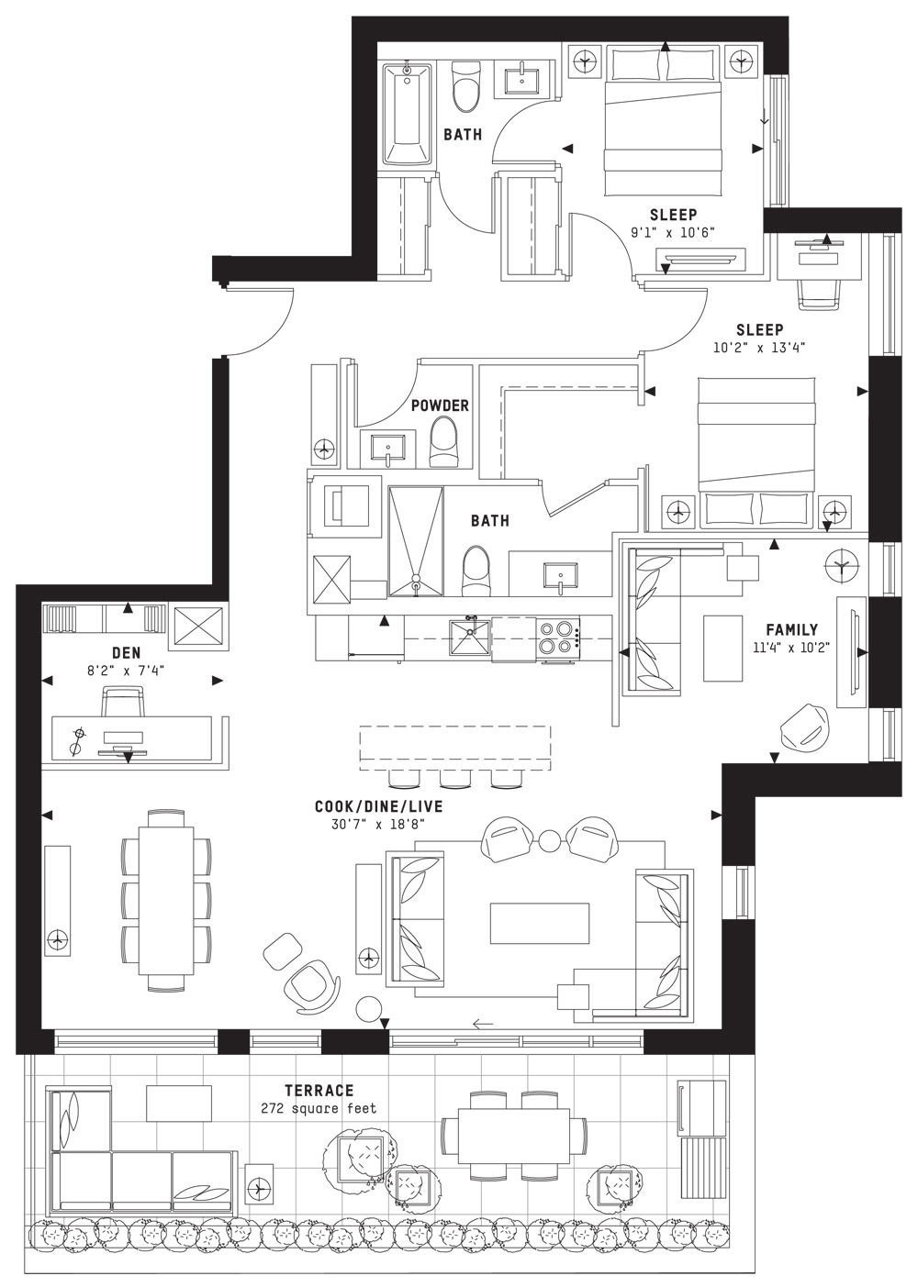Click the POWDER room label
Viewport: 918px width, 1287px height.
click(x=440, y=405)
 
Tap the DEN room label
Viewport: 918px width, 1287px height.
click(x=125, y=652)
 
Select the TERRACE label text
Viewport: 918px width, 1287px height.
click(x=319, y=1091)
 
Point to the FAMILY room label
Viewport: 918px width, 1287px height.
click(x=792, y=630)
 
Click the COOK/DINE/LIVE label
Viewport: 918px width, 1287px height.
click(x=378, y=806)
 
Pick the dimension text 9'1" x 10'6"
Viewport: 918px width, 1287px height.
click(x=672, y=233)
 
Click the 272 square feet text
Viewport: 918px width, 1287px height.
click(x=319, y=1108)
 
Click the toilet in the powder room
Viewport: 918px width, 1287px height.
click(x=444, y=441)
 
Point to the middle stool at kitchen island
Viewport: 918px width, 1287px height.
click(x=452, y=779)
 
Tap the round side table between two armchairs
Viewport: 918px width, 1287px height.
click(x=549, y=840)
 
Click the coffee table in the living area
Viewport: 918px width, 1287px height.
click(x=539, y=923)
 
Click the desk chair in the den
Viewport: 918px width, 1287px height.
click(x=125, y=703)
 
